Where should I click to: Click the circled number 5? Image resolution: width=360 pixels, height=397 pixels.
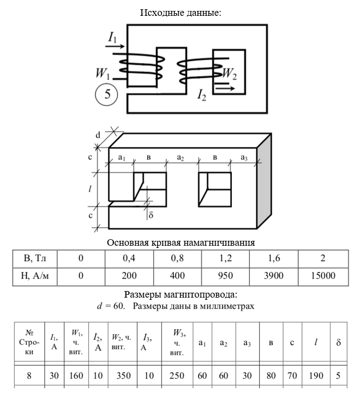107,94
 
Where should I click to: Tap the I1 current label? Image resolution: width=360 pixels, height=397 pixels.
113,37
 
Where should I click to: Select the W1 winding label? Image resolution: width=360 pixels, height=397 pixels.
103,73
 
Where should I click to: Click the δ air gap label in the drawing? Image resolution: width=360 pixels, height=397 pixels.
151,215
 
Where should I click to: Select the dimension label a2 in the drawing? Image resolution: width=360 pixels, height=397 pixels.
181,157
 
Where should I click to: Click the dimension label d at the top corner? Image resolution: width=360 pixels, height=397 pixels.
98,134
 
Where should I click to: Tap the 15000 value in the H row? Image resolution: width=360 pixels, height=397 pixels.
323,276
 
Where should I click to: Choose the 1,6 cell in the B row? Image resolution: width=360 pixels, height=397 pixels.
274,258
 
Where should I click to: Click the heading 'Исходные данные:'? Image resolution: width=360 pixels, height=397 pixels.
181,12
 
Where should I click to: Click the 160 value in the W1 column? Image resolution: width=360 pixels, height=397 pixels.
76,376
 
